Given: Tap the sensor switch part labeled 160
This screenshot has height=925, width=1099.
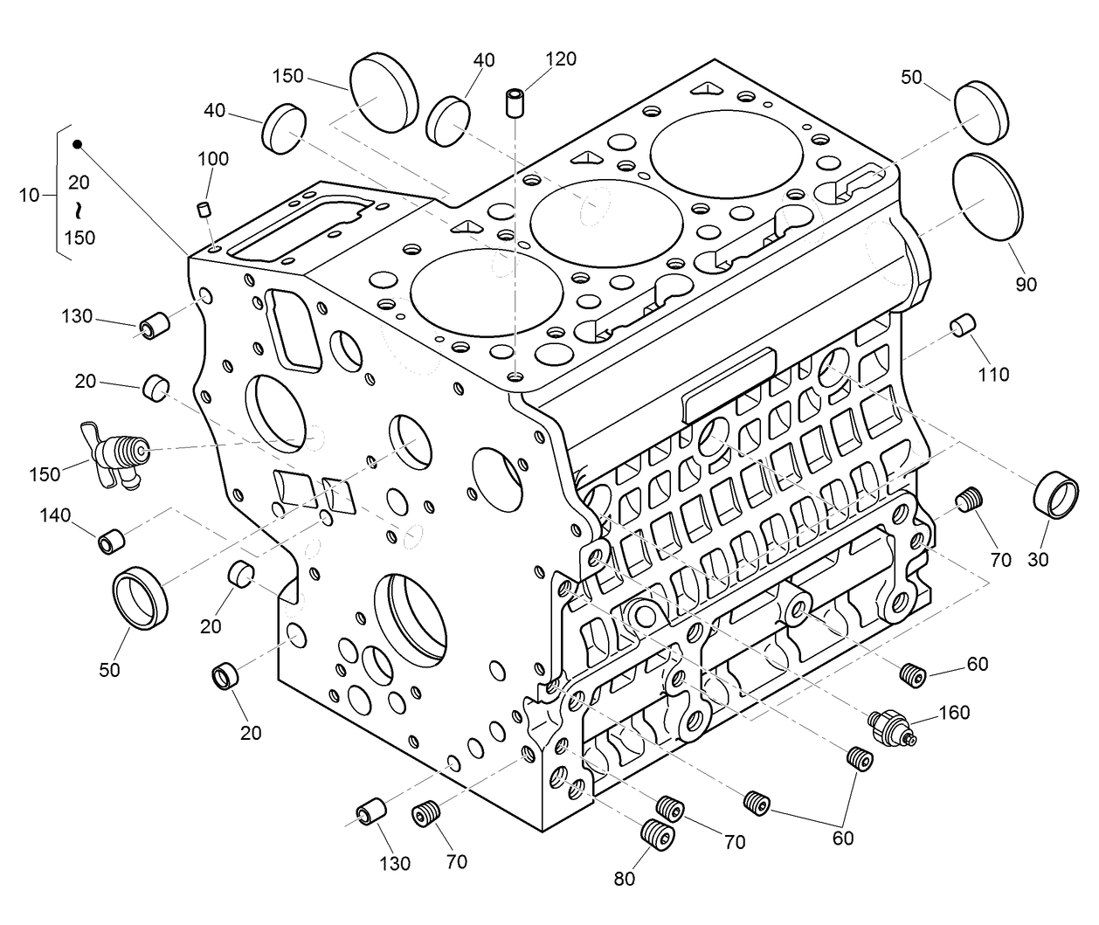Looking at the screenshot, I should pos(890,728).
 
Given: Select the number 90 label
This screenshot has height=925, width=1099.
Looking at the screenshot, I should pos(1026,284).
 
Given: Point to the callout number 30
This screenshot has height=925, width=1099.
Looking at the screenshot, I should pos(1037,560).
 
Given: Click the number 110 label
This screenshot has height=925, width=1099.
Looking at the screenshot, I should pos(993,375).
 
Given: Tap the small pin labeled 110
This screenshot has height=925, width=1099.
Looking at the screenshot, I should pos(961,324).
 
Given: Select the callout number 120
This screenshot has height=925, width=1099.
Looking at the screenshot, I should pos(561,59).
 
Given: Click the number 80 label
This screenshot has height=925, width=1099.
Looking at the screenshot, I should pos(624,879).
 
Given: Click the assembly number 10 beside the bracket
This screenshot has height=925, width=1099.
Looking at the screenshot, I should pos(29,195).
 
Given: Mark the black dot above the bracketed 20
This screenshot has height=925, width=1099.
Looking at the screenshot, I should pos(77,144).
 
